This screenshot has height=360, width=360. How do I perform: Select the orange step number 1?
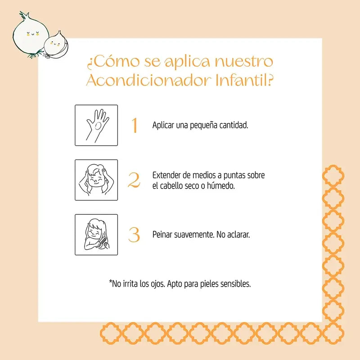134,126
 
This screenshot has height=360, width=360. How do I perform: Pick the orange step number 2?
134,180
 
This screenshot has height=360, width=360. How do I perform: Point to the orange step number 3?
134,234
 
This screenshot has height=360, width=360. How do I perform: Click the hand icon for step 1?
96,125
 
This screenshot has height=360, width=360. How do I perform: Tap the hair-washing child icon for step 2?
96,180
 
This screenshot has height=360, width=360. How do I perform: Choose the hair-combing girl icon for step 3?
96,235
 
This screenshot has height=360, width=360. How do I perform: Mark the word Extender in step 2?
167,175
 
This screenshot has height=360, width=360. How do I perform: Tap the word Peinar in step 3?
163,235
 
